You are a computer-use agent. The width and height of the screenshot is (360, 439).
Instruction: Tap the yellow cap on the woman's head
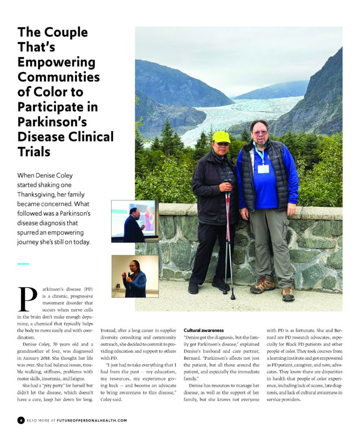[x=221, y=137]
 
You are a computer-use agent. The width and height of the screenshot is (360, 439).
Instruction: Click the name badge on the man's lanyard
[x=263, y=168]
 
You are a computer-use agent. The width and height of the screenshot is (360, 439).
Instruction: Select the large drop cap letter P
[x=28, y=299]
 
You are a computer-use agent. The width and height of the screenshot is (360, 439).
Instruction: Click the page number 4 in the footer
[x=21, y=420]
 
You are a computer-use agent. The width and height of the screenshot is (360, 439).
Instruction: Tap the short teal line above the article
[x=23, y=264]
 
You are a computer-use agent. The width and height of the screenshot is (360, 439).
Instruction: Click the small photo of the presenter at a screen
[x=135, y=221]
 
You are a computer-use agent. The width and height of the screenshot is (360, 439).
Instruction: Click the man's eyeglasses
[x=260, y=133]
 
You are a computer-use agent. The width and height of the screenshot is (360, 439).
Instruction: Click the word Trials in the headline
[x=34, y=152]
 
